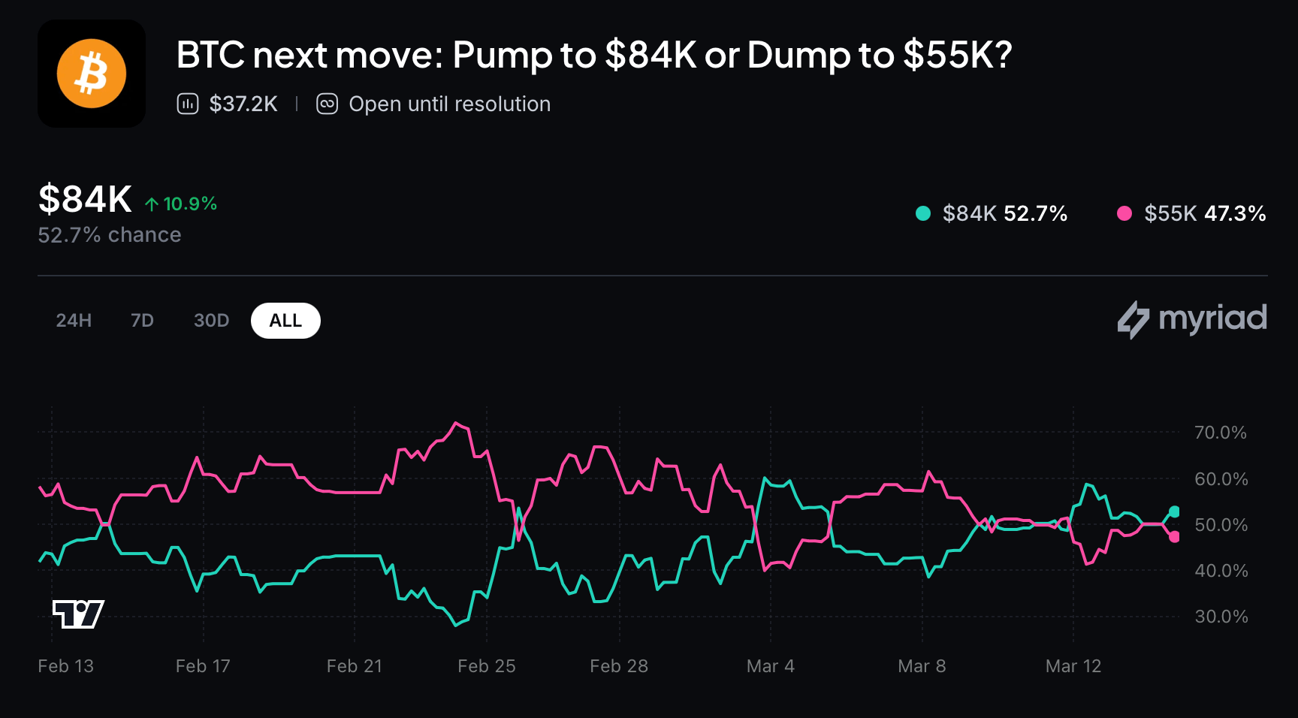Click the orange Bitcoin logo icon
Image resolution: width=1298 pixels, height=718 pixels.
coord(91,74)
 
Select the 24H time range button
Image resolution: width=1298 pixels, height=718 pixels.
coord(74,321)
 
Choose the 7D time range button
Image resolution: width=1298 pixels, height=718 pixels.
coord(142,321)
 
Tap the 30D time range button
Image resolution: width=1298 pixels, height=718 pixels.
coord(211,321)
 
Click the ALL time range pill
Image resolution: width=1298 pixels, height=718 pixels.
coord(285,321)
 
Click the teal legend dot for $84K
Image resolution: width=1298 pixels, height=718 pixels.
coord(923,213)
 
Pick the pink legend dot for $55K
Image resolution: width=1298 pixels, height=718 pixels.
coord(1124,213)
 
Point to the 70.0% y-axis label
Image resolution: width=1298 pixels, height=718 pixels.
coord(1220,433)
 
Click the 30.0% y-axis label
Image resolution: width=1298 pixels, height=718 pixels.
coord(1220,617)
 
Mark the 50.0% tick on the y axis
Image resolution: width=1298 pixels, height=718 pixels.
coord(1220,525)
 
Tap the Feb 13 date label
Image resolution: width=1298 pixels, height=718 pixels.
coord(66,666)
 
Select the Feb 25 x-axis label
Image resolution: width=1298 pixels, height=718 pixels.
coord(487,666)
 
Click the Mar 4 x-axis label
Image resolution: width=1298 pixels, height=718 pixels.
coord(770,666)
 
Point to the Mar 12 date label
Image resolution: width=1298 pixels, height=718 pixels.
coord(1073,666)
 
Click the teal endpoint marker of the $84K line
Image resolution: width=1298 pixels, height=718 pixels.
coord(1174,511)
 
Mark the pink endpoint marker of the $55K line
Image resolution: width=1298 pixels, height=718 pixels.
coord(1174,537)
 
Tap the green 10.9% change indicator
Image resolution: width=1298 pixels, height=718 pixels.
coord(181,204)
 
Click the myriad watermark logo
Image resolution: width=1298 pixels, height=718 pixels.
coord(1192,319)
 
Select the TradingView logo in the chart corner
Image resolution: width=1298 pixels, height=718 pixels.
coord(78,614)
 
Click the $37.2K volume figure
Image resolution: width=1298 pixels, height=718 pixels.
coord(243,104)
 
